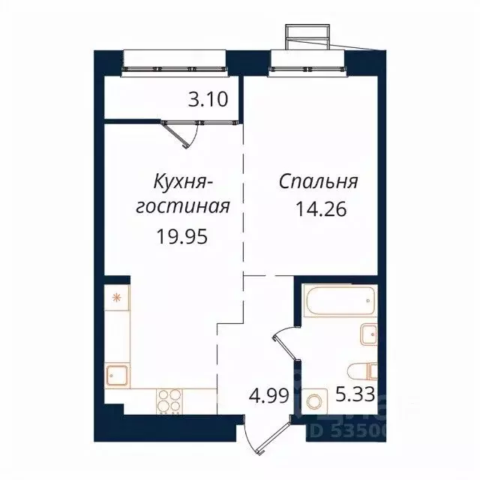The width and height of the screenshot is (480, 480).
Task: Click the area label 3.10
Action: click(x=208, y=99)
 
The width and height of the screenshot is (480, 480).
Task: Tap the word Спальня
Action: click(x=319, y=182)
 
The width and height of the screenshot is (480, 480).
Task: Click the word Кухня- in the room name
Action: click(x=184, y=182)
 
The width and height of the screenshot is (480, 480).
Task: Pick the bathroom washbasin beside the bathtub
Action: click(x=367, y=333)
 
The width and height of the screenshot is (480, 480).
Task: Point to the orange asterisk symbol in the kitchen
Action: click(x=116, y=297)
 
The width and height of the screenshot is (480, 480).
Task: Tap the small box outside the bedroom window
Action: click(x=306, y=36)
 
